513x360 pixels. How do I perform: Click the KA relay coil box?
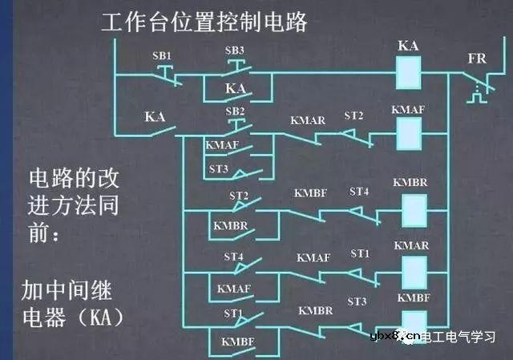pos(409,74)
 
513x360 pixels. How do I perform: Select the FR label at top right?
pos(478,59)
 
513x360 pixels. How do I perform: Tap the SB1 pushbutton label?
pos(163,55)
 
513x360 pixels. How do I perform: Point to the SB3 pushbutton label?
pos(235,50)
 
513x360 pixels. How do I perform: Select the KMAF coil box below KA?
pos(410,129)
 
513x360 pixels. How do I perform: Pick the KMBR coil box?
pos(414,210)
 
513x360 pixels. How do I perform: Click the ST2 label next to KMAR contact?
pos(353,116)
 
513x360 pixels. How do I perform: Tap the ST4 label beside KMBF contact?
pos(359,192)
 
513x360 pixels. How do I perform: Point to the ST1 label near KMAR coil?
pos(360,253)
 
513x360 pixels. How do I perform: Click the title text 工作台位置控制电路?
pos(204,22)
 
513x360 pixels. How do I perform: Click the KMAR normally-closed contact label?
pos(307,120)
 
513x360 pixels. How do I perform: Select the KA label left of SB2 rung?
pos(154,117)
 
